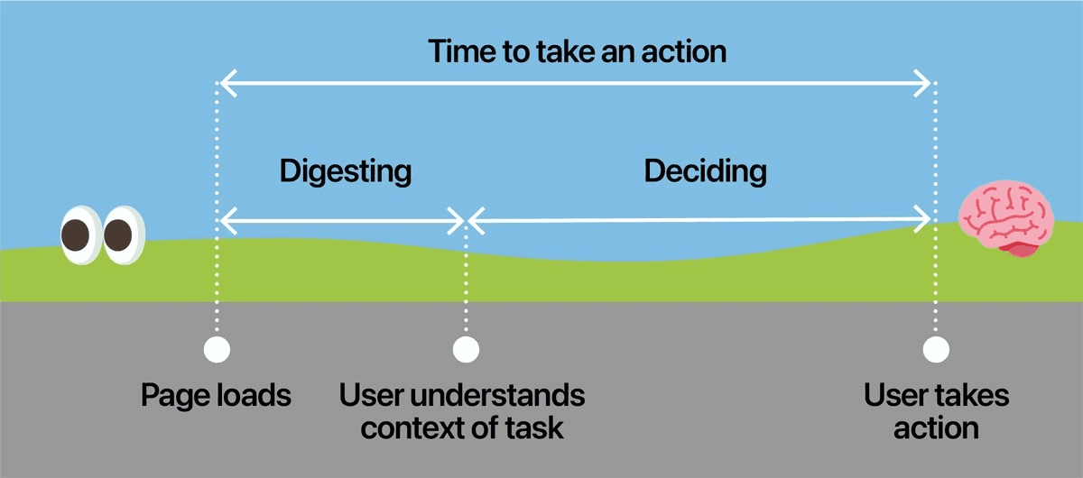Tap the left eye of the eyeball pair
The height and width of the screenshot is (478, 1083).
[x=79, y=235]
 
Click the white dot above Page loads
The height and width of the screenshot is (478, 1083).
[x=217, y=349]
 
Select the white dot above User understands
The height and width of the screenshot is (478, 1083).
[x=465, y=349]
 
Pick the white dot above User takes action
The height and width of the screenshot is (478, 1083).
[x=936, y=349]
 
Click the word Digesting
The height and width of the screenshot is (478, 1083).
[x=346, y=170]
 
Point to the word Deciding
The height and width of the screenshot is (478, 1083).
[x=706, y=170]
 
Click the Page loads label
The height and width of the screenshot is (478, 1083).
[x=217, y=395]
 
